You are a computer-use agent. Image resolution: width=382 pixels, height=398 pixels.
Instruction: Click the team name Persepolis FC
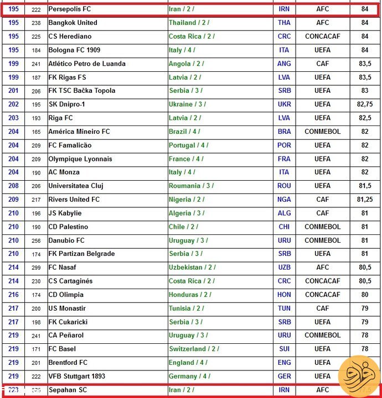coord(70,9)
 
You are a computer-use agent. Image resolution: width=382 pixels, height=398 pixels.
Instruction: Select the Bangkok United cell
coord(73,23)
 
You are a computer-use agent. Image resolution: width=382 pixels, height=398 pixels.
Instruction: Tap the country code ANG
coord(284,64)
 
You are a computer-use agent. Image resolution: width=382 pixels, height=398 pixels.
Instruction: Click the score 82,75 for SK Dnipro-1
coord(364,104)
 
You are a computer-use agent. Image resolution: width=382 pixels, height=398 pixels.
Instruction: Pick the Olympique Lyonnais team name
coord(80,159)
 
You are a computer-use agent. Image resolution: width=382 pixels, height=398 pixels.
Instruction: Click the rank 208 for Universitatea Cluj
coord(13,186)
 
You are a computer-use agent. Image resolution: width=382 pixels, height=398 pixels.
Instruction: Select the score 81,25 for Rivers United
coord(364,200)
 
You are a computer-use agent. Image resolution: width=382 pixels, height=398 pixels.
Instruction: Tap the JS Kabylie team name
coord(65,213)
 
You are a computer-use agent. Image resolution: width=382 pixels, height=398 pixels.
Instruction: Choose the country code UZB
coord(284,268)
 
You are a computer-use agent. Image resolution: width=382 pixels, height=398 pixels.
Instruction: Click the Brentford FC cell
coord(68,363)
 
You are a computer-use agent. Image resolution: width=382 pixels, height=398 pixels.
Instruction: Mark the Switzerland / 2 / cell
coord(194,349)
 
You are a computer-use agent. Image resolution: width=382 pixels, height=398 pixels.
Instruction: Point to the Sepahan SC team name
coord(68,390)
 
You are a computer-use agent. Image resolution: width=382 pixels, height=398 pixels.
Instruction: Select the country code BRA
coord(284,132)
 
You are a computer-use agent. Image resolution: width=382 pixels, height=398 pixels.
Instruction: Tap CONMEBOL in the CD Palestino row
coord(322,227)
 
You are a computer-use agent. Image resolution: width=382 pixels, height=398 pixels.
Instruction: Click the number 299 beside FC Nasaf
coord(37,268)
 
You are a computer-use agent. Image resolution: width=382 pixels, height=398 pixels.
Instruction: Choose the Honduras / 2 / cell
coord(190,295)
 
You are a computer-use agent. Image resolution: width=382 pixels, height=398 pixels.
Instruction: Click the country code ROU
coord(284,186)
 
